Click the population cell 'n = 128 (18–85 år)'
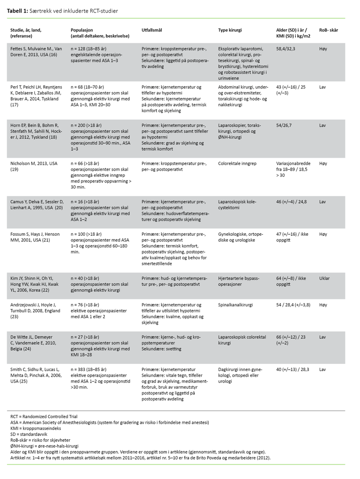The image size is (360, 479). (x=90, y=49)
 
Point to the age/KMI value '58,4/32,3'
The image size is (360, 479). (x=288, y=49)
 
